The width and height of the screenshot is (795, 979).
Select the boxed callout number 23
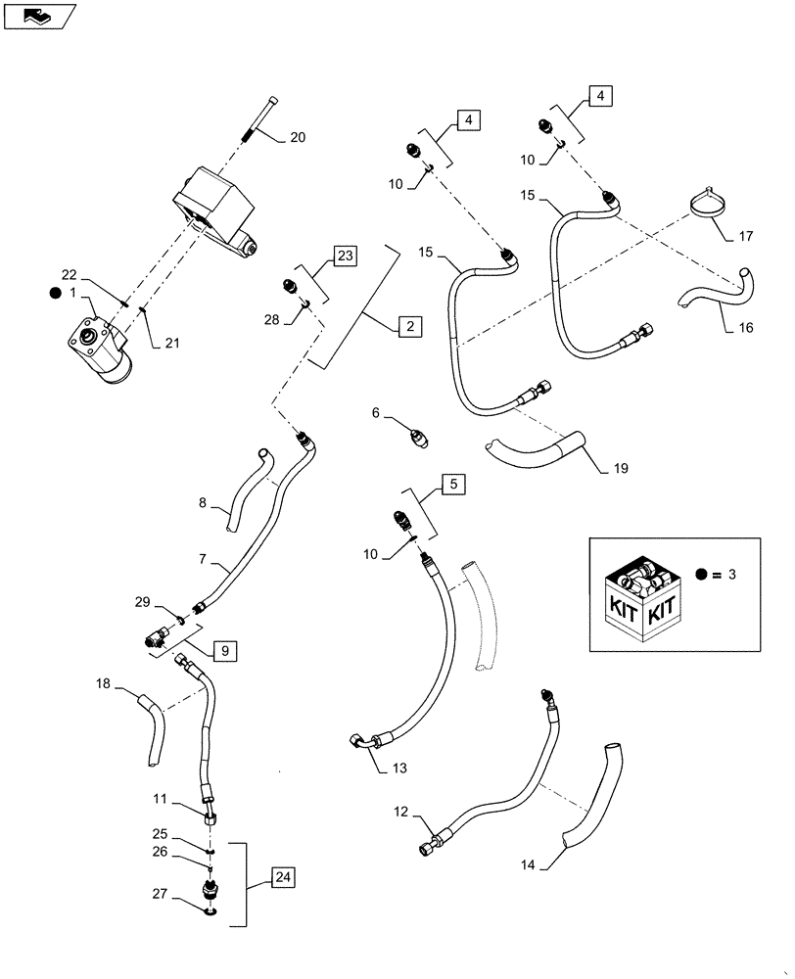[x=345, y=256]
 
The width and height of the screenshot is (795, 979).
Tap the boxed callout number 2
[x=410, y=327]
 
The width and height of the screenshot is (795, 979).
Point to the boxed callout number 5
[x=453, y=484]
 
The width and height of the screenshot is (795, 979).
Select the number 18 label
[x=103, y=682]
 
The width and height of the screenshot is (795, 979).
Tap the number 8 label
[x=204, y=503]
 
